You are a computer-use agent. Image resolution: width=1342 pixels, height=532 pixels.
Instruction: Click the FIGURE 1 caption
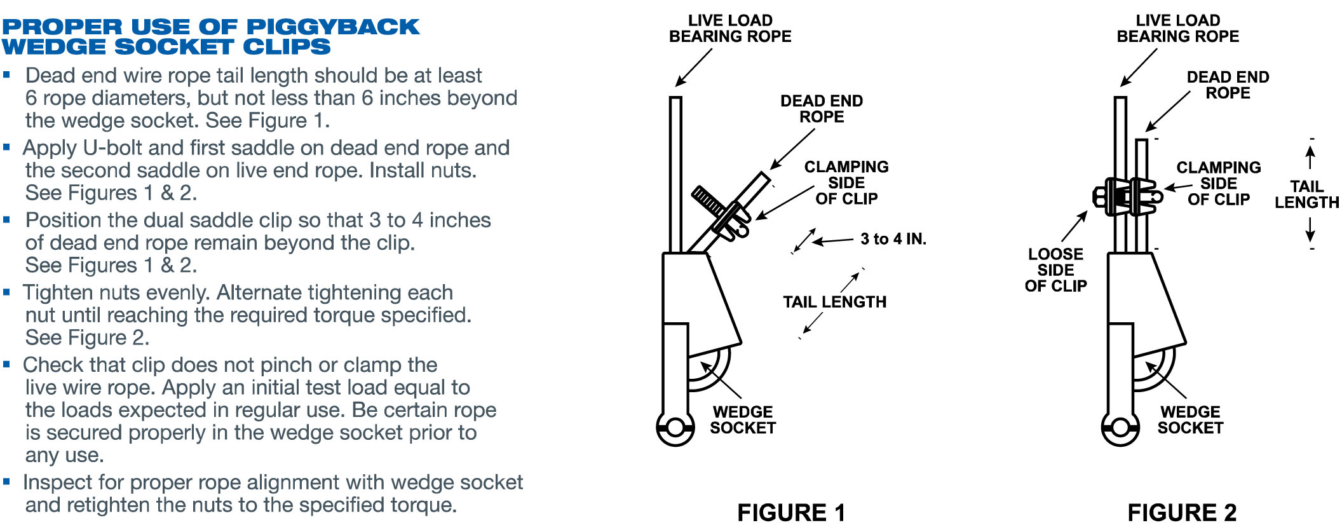tap(791, 512)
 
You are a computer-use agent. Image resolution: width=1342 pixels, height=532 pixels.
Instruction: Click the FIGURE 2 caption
tap(1182, 512)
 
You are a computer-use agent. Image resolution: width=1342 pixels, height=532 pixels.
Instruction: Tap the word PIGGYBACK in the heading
tap(333, 27)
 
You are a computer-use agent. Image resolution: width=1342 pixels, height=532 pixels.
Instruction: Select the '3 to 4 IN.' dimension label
tap(893, 239)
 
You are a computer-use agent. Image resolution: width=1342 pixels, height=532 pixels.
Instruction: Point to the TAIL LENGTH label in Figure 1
tap(834, 302)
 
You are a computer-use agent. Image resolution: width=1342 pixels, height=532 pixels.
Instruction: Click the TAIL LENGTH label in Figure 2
tap(1306, 194)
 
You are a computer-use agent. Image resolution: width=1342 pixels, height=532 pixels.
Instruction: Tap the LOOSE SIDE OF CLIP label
tap(1055, 270)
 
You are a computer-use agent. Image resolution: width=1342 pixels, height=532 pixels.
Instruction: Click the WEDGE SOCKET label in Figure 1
tap(743, 420)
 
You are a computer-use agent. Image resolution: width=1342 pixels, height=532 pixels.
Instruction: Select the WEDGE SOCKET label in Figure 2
tap(1190, 420)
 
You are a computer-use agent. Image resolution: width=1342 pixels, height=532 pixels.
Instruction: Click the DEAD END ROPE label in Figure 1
tap(822, 109)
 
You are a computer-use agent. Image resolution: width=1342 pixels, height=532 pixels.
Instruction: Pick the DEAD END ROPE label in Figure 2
tap(1228, 85)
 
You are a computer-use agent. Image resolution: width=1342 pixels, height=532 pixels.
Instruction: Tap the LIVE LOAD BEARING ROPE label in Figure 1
tap(730, 29)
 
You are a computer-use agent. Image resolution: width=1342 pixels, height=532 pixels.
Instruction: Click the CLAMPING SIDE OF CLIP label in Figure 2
tap(1218, 184)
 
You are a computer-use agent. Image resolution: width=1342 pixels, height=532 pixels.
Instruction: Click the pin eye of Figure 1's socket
tap(675, 426)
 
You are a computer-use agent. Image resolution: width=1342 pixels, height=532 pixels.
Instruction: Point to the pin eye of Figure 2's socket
tap(1120, 426)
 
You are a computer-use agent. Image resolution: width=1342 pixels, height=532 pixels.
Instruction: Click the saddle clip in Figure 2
tap(1127, 196)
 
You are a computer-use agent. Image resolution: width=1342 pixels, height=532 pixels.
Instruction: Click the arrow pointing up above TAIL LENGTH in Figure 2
tap(1310, 156)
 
